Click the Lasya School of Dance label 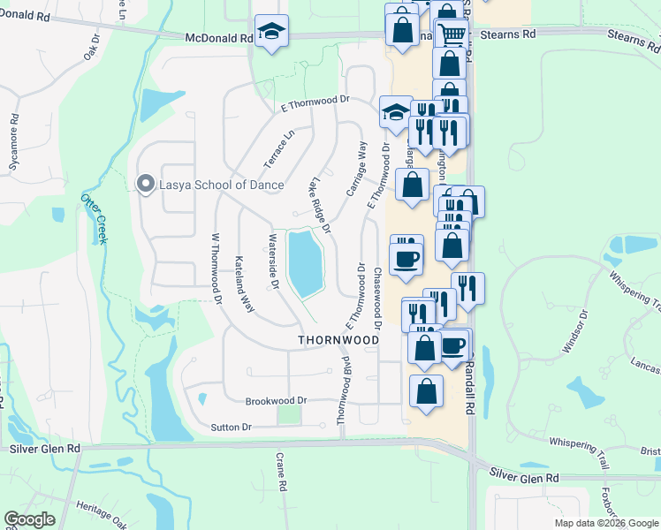(221, 185)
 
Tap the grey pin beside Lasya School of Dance (145, 184)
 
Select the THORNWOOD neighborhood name (338, 339)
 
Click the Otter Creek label (95, 217)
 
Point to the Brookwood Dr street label (276, 400)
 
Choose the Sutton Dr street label (232, 428)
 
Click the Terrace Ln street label (278, 150)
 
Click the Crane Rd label (279, 476)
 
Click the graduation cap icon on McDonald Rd (270, 32)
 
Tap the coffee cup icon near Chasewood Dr (406, 259)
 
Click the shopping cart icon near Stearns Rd (452, 34)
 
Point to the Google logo (29, 519)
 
